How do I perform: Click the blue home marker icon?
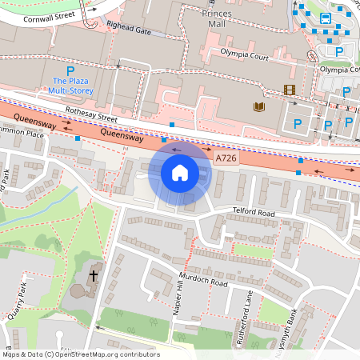[180, 172]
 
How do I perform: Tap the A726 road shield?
[226, 159]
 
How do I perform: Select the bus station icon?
[326, 18]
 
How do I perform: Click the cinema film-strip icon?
[287, 89]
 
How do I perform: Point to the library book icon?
[258, 106]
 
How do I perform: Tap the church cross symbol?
[93, 276]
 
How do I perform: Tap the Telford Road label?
[254, 214]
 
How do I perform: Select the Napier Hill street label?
[178, 302]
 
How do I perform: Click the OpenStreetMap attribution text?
[80, 354]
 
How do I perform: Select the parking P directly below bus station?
[339, 51]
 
